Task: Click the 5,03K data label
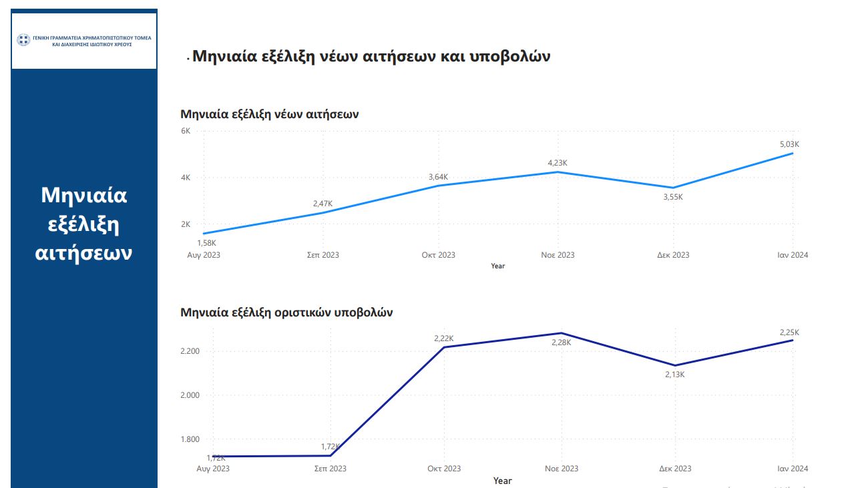790,144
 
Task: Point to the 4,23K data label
558,163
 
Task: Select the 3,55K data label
673,197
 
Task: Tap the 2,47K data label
323,203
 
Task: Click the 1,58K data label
206,243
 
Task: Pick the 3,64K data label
438,177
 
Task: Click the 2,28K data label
561,342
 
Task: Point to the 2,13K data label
674,375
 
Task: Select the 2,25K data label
789,332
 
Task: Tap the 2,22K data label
444,338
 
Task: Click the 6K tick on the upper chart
186,131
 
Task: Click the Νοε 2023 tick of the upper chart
558,255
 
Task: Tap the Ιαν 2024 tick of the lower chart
792,469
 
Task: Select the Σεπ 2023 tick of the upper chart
323,255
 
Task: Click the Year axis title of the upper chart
498,266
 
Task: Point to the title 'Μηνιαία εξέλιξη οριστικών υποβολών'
286,312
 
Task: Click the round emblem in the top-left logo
23,40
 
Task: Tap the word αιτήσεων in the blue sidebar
84,254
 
